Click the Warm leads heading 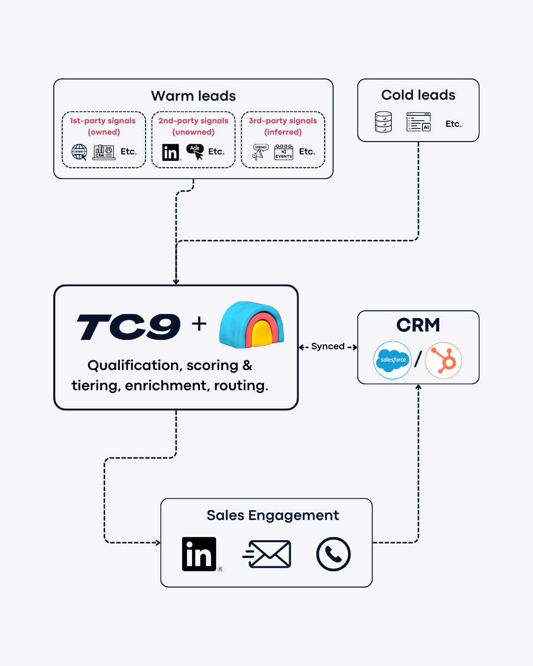point(193,96)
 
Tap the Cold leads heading point(418,95)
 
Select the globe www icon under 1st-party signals point(79,152)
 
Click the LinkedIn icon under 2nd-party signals point(171,152)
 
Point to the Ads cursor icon point(195,151)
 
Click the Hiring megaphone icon point(260,152)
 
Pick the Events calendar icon point(284,152)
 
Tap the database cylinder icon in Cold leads point(383,122)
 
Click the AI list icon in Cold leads point(419,122)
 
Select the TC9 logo point(129,327)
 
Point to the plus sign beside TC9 point(199,324)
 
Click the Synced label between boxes point(328,346)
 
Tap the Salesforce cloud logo point(393,360)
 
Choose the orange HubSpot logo point(444,361)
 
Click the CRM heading point(418,325)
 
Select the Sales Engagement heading point(272,515)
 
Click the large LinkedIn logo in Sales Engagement point(199,554)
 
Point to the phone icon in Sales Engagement point(334,554)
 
